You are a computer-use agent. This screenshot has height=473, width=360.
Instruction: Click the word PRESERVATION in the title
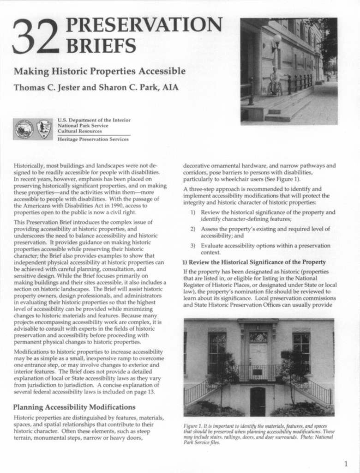coord(144,26)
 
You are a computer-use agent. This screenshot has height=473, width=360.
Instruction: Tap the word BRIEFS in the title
coord(102,46)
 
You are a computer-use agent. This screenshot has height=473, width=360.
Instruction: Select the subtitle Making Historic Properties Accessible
coord(99,72)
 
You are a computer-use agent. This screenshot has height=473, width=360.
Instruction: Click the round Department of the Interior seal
coord(24,129)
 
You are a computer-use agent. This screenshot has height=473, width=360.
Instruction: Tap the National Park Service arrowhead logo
coord(44,129)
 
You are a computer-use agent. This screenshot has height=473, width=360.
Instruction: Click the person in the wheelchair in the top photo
coord(275,82)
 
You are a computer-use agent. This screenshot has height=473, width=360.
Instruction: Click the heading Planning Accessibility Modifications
coord(74,407)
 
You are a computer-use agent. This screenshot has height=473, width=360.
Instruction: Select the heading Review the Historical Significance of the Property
coord(258,262)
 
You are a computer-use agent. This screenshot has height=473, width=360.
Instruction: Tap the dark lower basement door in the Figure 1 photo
coord(258,401)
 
